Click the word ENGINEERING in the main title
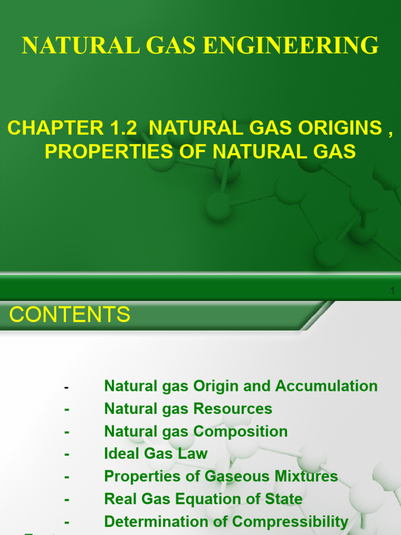[291, 45]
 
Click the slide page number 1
[393, 291]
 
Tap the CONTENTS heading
[70, 315]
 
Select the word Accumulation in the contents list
[326, 386]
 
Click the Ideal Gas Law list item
[156, 453]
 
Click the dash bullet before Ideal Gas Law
[67, 455]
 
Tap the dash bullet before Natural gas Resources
[67, 410]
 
